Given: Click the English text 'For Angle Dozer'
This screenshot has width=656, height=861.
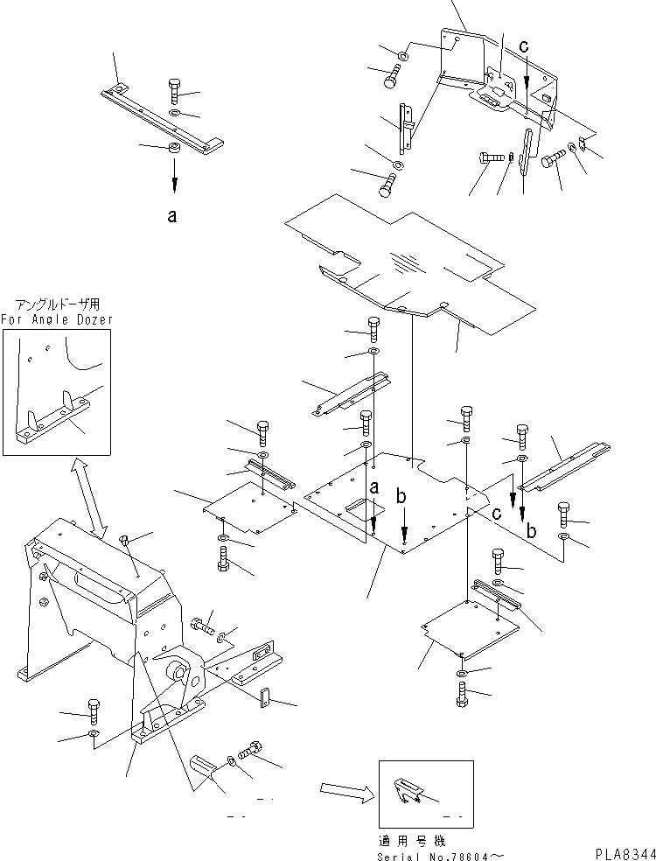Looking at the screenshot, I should [x=57, y=320].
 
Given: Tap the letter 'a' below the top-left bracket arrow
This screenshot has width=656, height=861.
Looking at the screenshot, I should [x=173, y=218].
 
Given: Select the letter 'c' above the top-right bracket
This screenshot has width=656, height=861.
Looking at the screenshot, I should [x=524, y=46].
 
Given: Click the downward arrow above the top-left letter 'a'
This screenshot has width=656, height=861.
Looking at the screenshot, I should [x=173, y=182].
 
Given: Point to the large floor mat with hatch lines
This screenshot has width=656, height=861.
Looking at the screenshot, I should [x=407, y=262].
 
